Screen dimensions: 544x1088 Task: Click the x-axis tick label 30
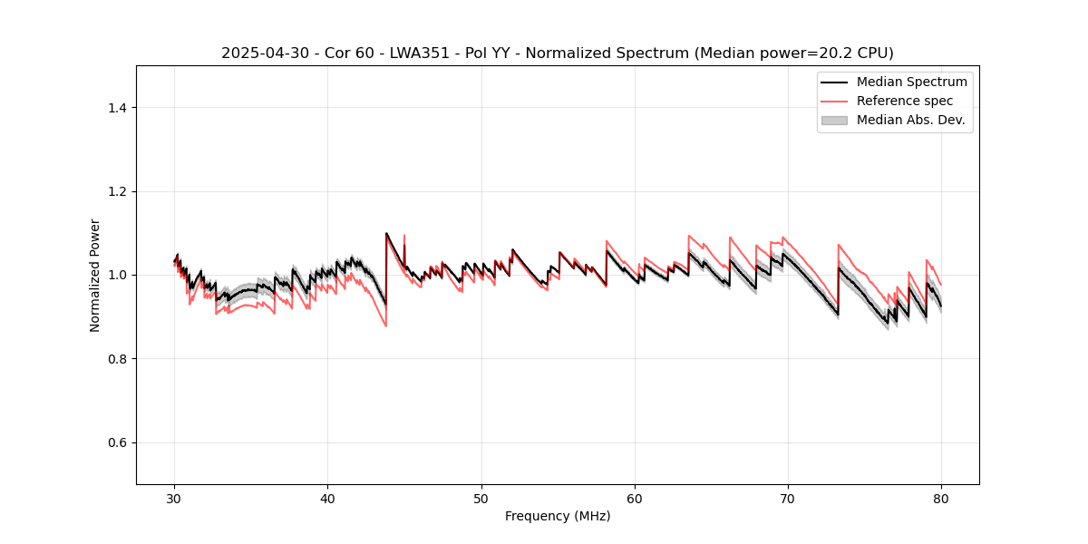[x=174, y=499]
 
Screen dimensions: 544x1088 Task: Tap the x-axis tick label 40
[x=327, y=499]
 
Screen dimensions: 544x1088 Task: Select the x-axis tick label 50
[x=481, y=499]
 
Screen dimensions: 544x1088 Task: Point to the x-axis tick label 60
[x=635, y=499]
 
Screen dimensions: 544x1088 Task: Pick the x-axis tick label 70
[x=788, y=499]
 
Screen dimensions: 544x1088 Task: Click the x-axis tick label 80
[x=941, y=499]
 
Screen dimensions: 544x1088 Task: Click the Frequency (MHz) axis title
[x=558, y=516]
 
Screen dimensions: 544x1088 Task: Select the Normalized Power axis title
[x=95, y=275]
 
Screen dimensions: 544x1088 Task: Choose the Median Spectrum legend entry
[x=911, y=82]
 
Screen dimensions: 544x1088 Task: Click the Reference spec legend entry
[x=905, y=101]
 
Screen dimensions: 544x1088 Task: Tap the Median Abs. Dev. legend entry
[x=911, y=120]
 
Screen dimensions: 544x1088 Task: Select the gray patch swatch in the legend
[x=834, y=120]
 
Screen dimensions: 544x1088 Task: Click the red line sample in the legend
[x=834, y=101]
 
